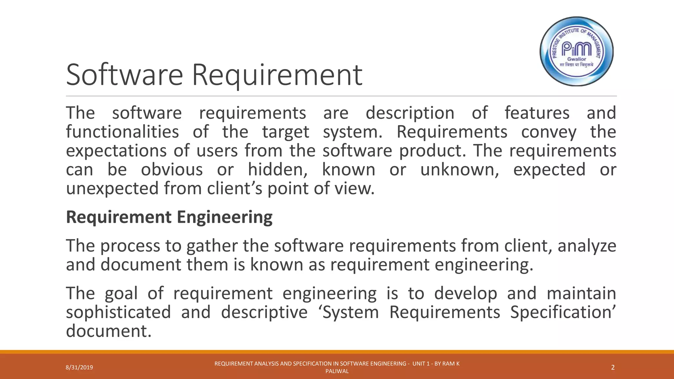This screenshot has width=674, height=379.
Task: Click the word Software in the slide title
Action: (124, 75)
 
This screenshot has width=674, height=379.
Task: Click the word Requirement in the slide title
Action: (277, 75)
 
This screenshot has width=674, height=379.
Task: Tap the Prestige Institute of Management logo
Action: (577, 51)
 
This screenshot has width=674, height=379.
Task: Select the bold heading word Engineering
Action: (224, 217)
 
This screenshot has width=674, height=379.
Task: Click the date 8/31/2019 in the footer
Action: (79, 367)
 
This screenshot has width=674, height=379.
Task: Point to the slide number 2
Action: (613, 367)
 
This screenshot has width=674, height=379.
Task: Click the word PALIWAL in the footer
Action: (337, 371)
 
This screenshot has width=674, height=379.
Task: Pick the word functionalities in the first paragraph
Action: (122, 132)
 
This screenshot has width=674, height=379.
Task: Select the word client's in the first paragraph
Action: (235, 189)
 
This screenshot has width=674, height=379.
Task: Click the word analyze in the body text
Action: (587, 246)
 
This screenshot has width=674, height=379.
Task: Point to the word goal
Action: (121, 293)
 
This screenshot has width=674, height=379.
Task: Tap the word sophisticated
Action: (118, 312)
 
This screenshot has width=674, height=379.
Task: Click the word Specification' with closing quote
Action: (563, 312)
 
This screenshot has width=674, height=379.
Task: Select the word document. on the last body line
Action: (109, 331)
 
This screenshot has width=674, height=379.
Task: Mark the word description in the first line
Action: (410, 113)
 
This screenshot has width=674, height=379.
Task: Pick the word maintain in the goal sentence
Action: (581, 293)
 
